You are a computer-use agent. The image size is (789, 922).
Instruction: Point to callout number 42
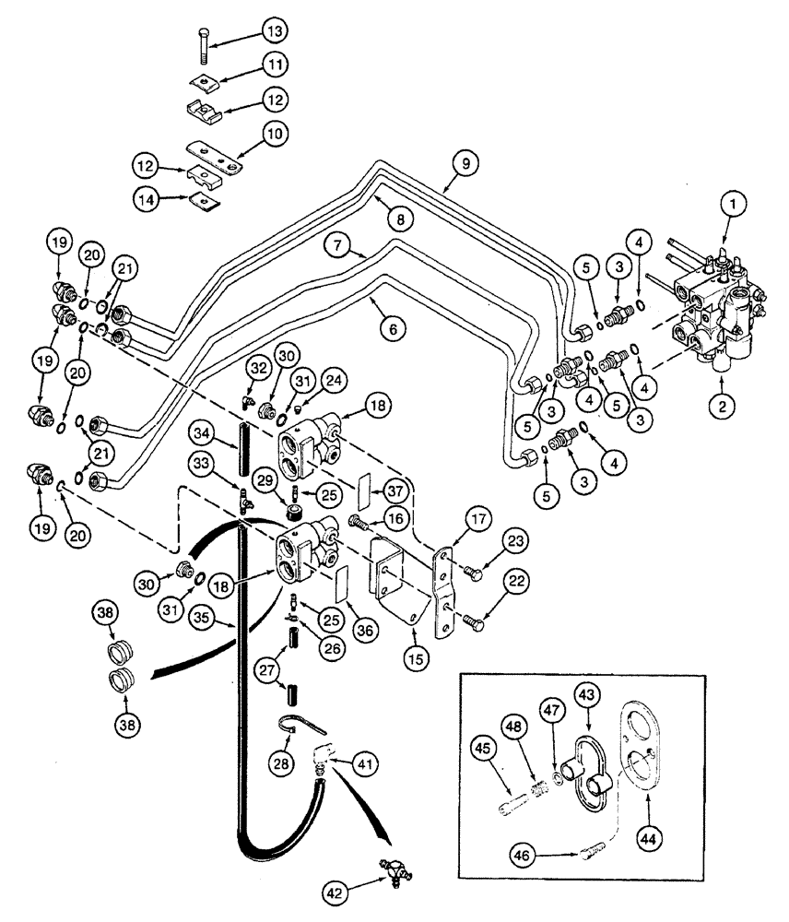337,892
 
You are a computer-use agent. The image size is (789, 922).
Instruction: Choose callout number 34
204,430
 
